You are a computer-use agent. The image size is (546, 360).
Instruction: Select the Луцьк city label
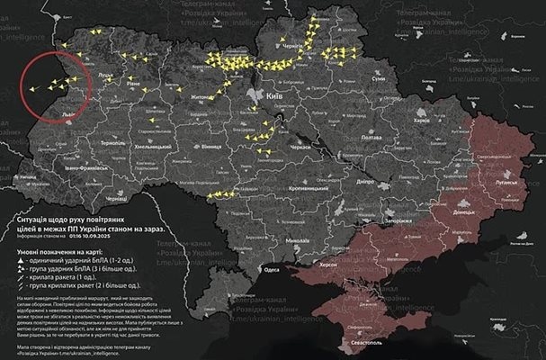click(x=105, y=76)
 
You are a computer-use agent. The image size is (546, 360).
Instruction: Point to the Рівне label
click(x=133, y=82)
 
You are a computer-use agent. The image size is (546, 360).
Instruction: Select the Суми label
click(x=378, y=79)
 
